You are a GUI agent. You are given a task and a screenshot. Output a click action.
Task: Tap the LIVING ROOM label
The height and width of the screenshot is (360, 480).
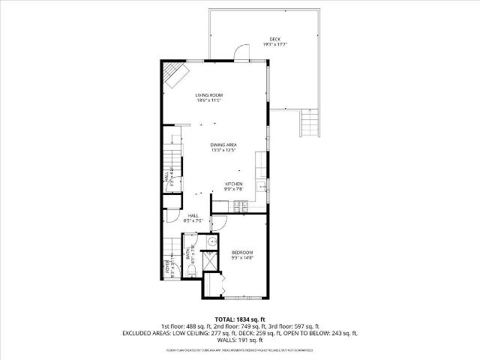click(x=209, y=95)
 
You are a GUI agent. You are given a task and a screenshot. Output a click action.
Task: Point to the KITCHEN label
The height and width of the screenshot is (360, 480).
click(x=234, y=184)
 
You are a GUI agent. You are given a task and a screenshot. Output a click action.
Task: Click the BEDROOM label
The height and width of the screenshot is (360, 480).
click(x=242, y=252)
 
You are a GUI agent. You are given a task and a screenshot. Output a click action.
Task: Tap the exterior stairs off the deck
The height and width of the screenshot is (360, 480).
click(x=308, y=121)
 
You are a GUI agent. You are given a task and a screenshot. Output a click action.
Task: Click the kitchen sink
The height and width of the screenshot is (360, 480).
click(x=262, y=186)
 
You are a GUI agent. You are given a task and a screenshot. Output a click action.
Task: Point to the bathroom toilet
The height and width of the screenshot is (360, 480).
click(x=191, y=270)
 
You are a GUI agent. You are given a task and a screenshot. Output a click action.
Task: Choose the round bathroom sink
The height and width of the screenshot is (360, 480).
click(x=211, y=241)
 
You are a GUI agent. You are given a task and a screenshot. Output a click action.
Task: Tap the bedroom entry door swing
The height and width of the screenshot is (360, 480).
click(x=218, y=223)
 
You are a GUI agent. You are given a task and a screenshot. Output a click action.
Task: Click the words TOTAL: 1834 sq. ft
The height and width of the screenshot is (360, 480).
click(x=240, y=319)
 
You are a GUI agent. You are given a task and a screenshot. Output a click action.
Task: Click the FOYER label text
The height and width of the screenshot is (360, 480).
click(x=168, y=267)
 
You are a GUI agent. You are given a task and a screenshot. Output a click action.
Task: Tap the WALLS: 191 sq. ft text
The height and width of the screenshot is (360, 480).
click(x=240, y=340)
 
